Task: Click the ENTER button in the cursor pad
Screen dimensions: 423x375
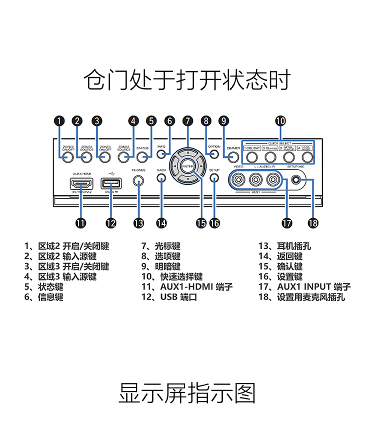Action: [x=187, y=166]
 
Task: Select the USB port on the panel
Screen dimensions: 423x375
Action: [x=111, y=183]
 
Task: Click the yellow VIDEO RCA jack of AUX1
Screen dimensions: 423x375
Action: [x=238, y=179]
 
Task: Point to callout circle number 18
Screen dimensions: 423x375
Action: [x=313, y=223]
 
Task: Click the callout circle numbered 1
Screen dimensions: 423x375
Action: [x=59, y=120]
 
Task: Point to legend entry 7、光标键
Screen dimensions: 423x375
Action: [x=160, y=246]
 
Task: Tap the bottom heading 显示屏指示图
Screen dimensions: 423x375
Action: [x=187, y=393]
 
